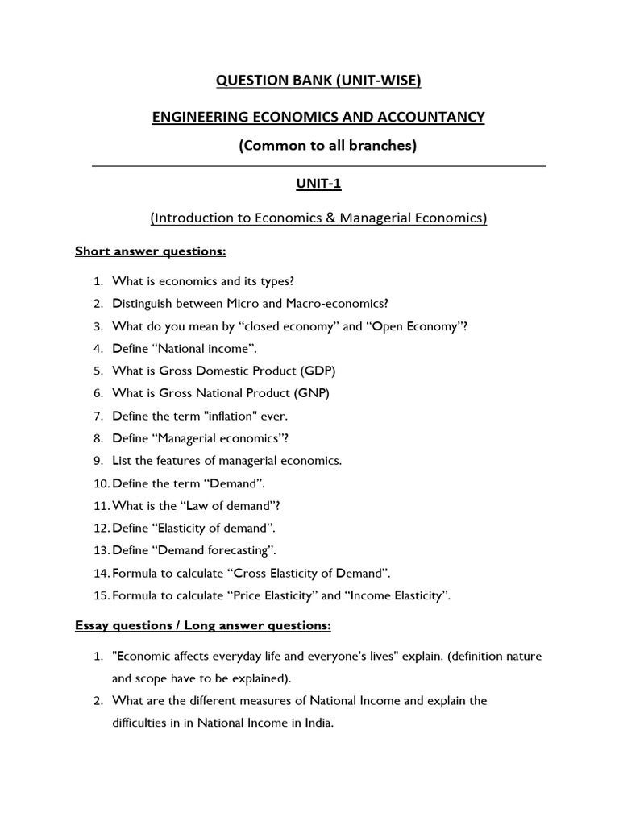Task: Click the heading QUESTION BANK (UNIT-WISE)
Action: tap(318, 81)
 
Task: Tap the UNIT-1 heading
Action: tap(318, 184)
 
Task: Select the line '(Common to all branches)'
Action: tap(318, 147)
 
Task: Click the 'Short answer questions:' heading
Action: tap(151, 251)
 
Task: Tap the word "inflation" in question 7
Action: tap(239, 417)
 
